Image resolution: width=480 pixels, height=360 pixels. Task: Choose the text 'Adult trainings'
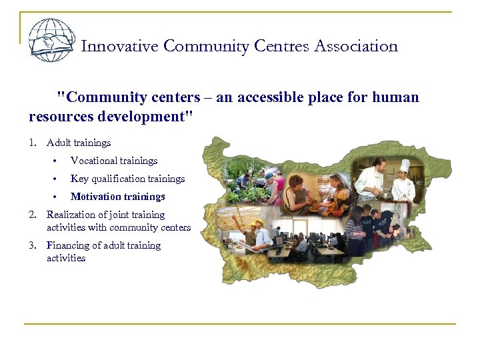(79, 143)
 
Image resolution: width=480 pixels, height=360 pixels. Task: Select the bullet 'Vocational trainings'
(114, 161)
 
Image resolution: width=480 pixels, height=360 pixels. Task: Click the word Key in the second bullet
(79, 179)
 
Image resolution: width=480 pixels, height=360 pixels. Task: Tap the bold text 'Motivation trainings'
(118, 197)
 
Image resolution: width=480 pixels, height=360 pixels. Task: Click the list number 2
(32, 215)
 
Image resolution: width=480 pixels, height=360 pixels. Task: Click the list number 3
(32, 245)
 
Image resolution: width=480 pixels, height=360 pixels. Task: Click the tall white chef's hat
(405, 165)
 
